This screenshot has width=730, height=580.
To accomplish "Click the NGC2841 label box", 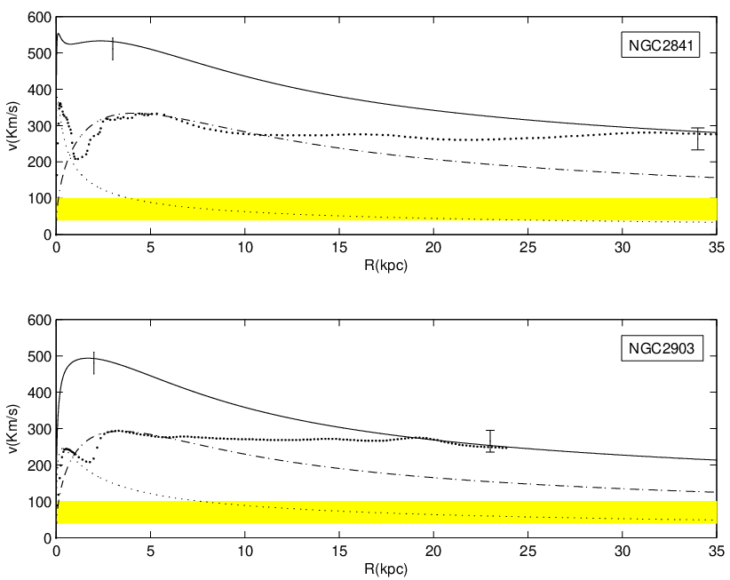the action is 660,45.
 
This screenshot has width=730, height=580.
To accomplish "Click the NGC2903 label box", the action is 662,348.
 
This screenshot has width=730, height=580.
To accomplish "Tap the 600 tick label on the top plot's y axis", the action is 39,17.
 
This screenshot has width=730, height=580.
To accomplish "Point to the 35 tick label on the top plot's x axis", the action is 717,247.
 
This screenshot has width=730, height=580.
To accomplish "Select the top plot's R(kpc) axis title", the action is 385,266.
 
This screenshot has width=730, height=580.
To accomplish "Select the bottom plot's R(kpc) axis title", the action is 385,568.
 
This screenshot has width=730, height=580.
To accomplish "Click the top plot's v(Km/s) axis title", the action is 14,126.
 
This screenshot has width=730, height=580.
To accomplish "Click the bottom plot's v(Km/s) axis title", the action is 14,429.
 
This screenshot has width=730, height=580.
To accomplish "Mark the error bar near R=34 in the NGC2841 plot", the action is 697,139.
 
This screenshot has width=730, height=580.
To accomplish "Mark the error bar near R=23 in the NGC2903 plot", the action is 489,441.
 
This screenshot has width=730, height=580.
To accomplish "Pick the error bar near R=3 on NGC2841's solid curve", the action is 113,49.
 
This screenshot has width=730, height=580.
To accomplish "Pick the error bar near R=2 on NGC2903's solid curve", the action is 94,363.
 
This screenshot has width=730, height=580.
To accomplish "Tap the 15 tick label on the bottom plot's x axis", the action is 339,551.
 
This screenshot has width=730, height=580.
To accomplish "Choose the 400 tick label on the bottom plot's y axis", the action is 39,393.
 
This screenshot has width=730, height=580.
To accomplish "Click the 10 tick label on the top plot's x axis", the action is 245,247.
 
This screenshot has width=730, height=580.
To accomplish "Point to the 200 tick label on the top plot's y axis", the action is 39,163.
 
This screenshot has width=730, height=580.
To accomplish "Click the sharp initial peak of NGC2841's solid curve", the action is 59,34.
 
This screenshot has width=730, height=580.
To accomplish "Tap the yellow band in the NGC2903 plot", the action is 386,512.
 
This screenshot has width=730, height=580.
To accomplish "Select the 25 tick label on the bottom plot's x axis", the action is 528,551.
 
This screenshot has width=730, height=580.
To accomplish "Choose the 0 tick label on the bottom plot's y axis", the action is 47,538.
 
